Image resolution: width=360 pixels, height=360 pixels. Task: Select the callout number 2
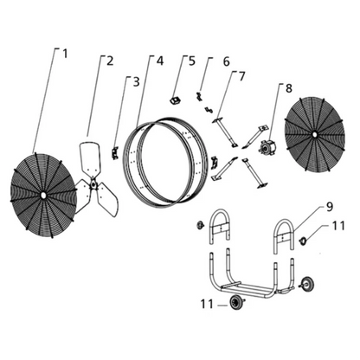point(111,60)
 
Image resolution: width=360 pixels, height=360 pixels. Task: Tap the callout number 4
point(159,60)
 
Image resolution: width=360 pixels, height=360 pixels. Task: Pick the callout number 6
point(227,61)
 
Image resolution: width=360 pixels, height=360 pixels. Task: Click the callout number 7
point(242,76)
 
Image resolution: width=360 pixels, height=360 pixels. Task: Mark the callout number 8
point(288,87)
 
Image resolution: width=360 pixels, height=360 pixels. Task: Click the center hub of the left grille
point(42,196)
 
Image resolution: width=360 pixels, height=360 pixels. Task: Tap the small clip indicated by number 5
point(174,99)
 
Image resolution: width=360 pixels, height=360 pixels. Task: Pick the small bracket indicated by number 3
point(116,152)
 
